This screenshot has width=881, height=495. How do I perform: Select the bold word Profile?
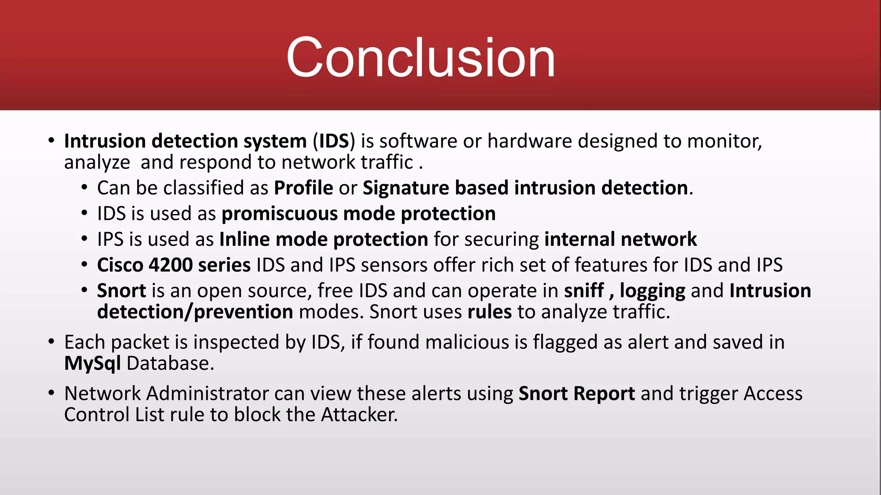tap(303, 188)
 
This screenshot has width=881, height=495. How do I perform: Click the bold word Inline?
tap(244, 239)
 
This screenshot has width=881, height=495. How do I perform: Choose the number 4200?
tap(170, 265)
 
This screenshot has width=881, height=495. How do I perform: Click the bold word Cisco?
tap(120, 265)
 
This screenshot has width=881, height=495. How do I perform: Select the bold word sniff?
tap(584, 291)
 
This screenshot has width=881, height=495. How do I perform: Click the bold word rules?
tap(490, 312)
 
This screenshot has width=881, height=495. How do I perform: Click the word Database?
tap(169, 364)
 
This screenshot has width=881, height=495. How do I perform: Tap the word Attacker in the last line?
tap(359, 415)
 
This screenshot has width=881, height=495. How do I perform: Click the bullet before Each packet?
tap(52, 342)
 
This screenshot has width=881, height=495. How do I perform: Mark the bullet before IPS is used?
tap(85, 239)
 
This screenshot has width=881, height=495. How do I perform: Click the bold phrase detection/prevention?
tap(195, 312)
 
